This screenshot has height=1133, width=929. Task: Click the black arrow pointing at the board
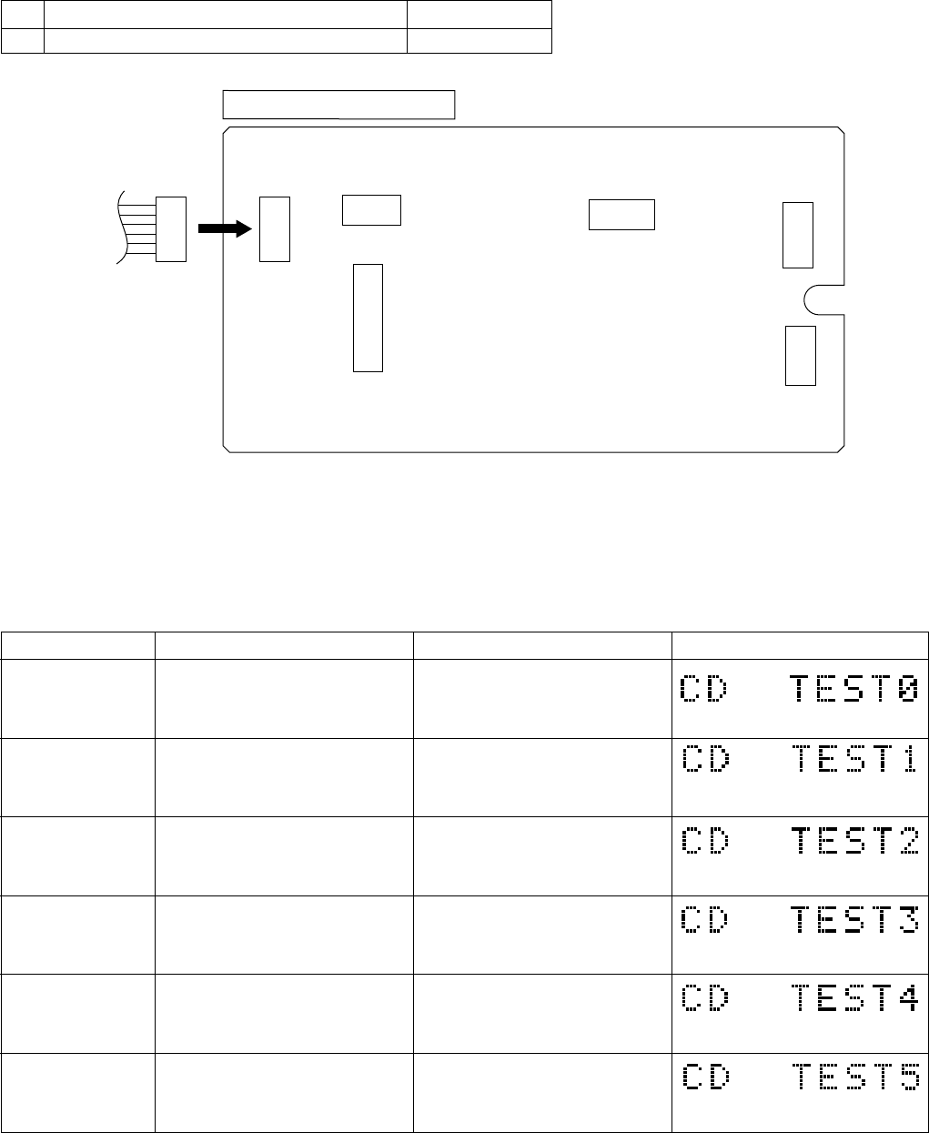[x=224, y=229]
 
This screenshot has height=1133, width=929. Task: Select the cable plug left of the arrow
[x=170, y=228]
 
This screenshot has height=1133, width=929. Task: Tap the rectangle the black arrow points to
[x=274, y=228]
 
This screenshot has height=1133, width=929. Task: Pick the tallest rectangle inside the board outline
[x=368, y=318]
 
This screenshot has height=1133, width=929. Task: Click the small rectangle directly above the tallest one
[x=371, y=209]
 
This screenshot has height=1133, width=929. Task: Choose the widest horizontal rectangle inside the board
[x=621, y=214]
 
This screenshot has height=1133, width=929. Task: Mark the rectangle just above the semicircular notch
[x=798, y=235]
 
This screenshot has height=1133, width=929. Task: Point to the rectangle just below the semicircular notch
[x=801, y=355]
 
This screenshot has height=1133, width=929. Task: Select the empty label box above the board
[x=338, y=105]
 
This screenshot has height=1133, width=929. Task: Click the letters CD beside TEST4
[x=706, y=998]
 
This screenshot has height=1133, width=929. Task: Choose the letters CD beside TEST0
[x=706, y=689]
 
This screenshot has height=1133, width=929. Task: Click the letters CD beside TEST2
[x=706, y=842]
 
